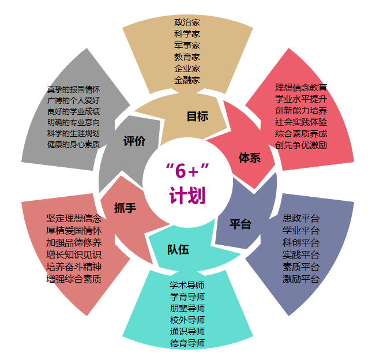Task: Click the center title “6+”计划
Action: [x=187, y=183]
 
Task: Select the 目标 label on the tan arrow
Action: [x=197, y=117]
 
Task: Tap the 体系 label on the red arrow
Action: [x=250, y=157]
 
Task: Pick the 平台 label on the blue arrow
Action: [x=241, y=224]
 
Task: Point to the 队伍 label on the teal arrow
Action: [x=178, y=250]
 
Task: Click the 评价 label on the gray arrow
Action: [x=134, y=142]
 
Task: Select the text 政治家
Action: [x=187, y=22]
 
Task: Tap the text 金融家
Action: [x=187, y=80]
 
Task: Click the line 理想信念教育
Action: [x=301, y=88]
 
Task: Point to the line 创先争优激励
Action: [x=301, y=145]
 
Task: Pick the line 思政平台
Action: [x=300, y=219]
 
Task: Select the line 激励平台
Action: [x=300, y=279]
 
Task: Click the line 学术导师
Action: [x=187, y=285]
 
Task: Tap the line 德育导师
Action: [x=187, y=343]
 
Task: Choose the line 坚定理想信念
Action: [x=74, y=219]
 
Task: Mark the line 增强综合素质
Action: [x=74, y=279]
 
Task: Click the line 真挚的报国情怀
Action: [x=74, y=90]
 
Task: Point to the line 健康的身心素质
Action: [x=74, y=144]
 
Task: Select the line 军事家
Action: [x=187, y=46]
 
